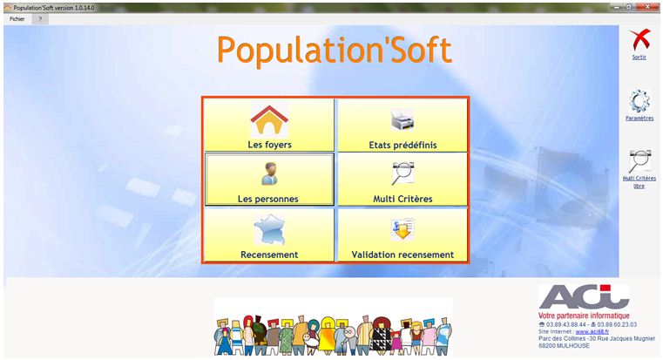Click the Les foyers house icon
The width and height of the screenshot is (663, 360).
tap(269, 120)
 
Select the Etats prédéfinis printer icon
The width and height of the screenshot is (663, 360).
tap(403, 119)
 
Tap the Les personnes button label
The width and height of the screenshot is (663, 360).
tap(268, 199)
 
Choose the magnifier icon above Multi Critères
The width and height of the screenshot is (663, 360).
tap(403, 173)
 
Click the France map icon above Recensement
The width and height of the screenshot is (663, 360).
tap(269, 230)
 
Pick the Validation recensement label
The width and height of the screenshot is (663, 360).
tap(403, 255)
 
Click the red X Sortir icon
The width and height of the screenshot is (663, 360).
tap(639, 40)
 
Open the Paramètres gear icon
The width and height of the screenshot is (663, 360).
tap(639, 101)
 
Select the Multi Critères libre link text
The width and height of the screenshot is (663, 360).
tap(639, 182)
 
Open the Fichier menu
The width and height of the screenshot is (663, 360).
tap(17, 19)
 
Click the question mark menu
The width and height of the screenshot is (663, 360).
tap(40, 19)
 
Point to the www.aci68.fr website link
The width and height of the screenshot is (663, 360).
tap(592, 332)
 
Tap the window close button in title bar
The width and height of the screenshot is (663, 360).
tap(648, 7)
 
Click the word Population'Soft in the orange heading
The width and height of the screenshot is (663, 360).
tap(335, 51)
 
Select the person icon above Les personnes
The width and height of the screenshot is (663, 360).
tap(269, 173)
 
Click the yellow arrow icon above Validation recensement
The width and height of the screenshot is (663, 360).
tap(403, 229)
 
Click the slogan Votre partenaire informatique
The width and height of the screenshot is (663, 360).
tap(584, 316)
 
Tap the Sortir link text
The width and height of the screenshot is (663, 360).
tap(639, 58)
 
